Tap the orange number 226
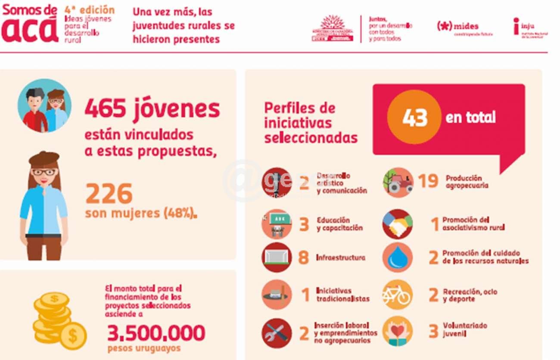(109, 194)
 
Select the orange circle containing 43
(414, 117)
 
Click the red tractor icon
(398, 183)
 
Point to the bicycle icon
(397, 295)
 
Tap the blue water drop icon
(397, 258)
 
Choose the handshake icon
(397, 224)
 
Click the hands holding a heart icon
(397, 331)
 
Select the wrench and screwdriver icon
(277, 333)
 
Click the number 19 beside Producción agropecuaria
(428, 181)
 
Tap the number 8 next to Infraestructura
(303, 258)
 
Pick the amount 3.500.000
(156, 333)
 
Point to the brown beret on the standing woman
(44, 158)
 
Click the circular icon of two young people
(44, 106)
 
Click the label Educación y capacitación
(339, 224)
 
